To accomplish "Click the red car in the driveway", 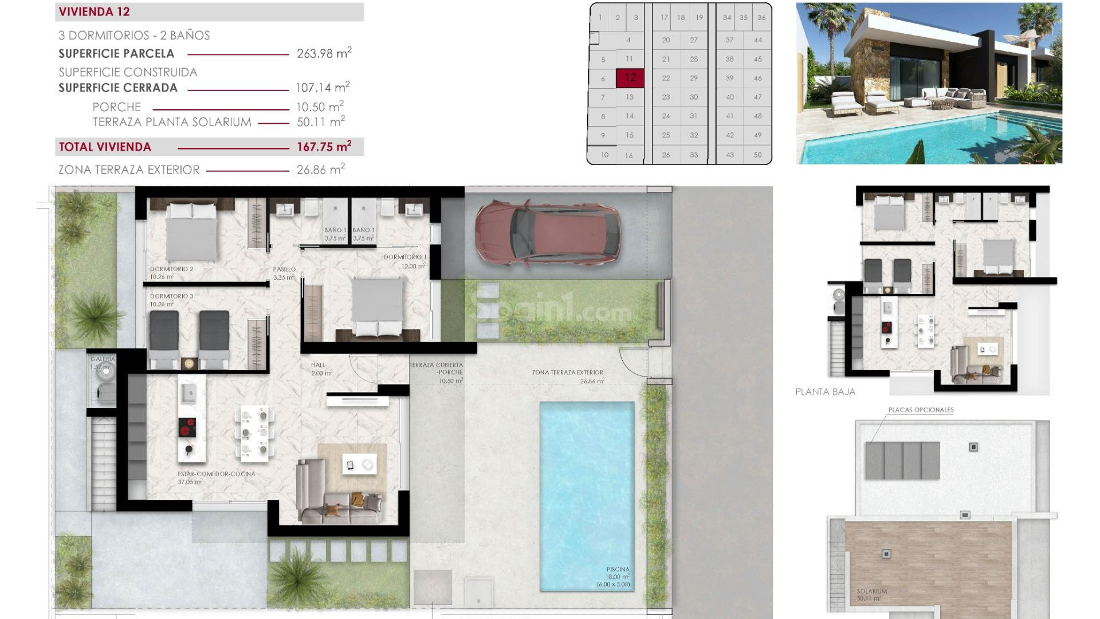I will pos(547,234).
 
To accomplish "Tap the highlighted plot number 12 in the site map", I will pos(630,78).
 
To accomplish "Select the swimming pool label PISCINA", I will pos(618,570).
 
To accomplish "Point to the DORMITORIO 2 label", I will pos(171,269).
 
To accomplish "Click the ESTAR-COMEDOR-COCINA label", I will pos(216,474).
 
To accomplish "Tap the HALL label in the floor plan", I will pos(318,365).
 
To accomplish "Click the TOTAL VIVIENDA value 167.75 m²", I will pos(324,147).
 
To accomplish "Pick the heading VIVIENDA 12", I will pos(95,12).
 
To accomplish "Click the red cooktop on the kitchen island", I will pos(187,428).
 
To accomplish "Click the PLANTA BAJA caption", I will pos(825,392).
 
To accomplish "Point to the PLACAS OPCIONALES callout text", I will pos(921,410).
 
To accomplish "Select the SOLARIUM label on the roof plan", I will pos(871,591).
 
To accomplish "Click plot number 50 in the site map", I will pos(757,155).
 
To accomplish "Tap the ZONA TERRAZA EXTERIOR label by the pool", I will pos(567,373).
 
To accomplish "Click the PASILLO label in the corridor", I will pos(284,269).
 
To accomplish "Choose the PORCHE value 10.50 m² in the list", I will pos(319,107).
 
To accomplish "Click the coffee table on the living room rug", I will pos(359,465).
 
